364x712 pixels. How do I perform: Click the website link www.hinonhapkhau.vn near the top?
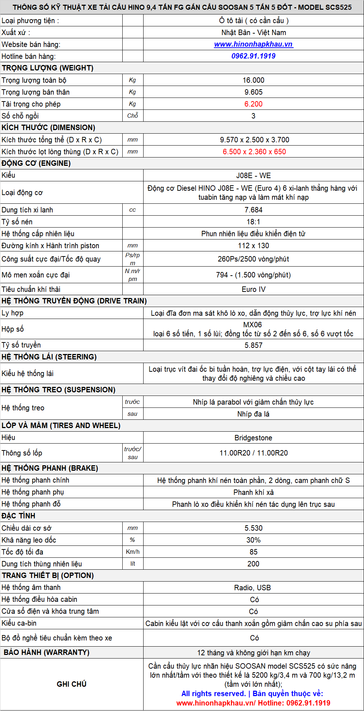(x=253, y=44)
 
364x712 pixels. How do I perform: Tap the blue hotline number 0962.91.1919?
(x=253, y=56)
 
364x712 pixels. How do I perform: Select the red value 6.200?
(x=253, y=104)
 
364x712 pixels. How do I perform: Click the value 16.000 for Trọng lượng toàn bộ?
(x=253, y=80)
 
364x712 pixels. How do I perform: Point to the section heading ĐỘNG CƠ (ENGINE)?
(x=36, y=163)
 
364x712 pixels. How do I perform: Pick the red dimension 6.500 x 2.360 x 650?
(x=254, y=152)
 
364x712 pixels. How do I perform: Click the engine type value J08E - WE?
(x=253, y=176)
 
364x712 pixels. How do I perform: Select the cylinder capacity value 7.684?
(x=253, y=210)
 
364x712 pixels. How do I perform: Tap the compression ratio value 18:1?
(x=253, y=222)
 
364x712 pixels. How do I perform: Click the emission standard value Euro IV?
(x=253, y=289)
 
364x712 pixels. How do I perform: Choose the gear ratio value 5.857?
(x=253, y=345)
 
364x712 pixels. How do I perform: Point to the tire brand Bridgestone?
(x=253, y=438)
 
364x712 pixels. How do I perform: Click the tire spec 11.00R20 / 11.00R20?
(x=253, y=453)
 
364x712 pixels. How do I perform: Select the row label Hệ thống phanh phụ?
(x=33, y=492)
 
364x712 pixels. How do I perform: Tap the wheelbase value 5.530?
(x=253, y=528)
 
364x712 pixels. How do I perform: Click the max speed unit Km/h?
(x=132, y=552)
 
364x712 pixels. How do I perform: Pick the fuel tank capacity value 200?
(x=253, y=564)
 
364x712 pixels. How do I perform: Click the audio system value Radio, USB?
(x=253, y=588)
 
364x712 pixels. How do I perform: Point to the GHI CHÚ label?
(x=71, y=684)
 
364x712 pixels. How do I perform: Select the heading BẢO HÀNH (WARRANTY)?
(x=47, y=652)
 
